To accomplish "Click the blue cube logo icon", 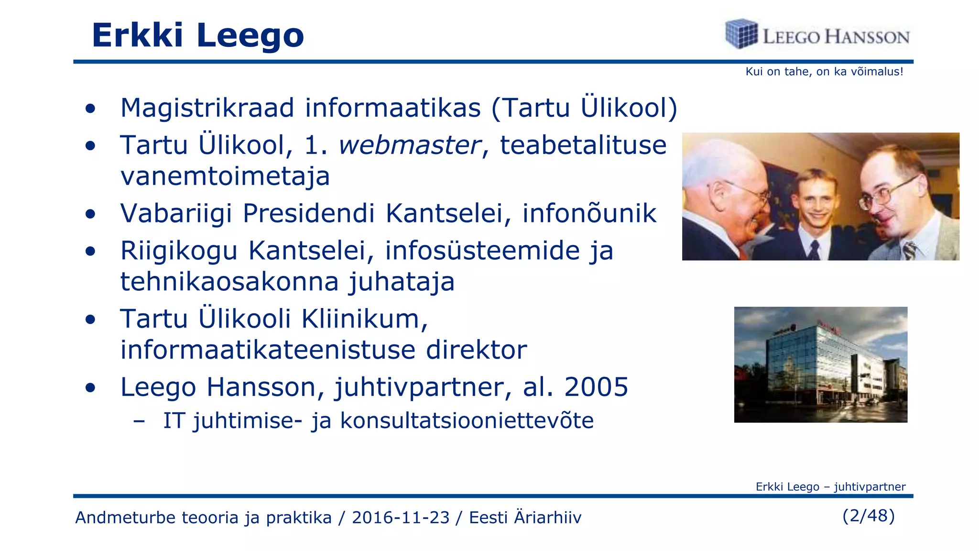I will click(x=741, y=33).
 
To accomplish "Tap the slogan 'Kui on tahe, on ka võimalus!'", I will click(x=824, y=72).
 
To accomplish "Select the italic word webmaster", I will click(x=409, y=145).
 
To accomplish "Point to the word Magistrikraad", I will click(x=207, y=108).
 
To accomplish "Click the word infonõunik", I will click(x=589, y=213).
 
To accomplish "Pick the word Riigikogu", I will click(x=179, y=251).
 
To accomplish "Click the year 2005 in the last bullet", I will click(x=596, y=387).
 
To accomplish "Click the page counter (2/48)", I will click(x=868, y=516).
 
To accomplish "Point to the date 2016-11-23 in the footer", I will click(x=401, y=518).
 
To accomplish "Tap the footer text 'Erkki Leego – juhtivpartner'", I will click(x=830, y=487).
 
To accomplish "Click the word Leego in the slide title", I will click(x=250, y=35).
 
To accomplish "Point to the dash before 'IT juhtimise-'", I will click(x=139, y=421).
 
